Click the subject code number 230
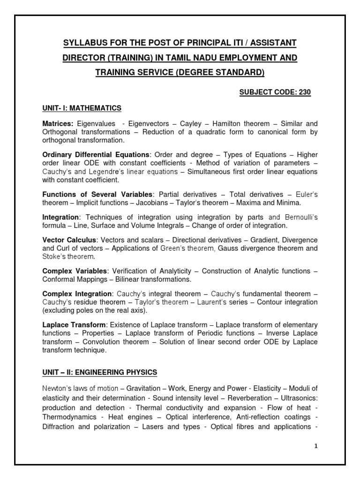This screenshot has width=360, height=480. coord(304,92)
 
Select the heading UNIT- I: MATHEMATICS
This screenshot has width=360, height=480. coord(82,108)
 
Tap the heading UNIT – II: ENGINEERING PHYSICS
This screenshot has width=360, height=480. coord(99,372)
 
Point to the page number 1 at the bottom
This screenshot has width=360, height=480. coord(316,446)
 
